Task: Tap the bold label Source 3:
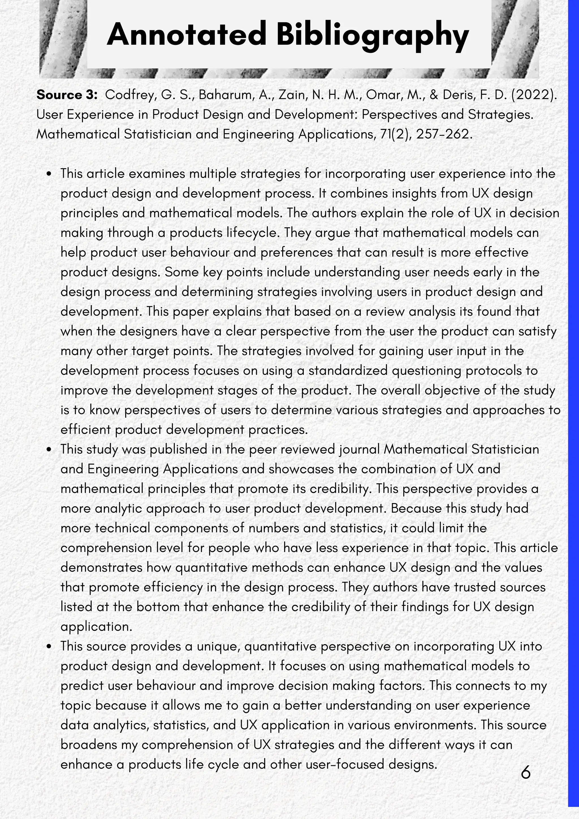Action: (67, 95)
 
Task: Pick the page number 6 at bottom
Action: (526, 773)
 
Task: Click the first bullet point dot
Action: (49, 174)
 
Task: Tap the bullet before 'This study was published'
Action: (49, 449)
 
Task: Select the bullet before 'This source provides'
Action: (49, 646)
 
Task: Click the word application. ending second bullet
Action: (96, 627)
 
